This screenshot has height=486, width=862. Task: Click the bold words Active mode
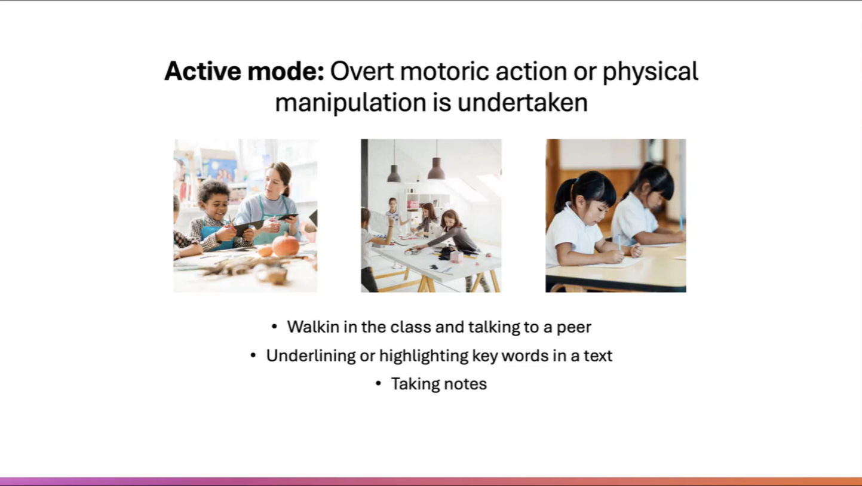pyautogui.click(x=244, y=72)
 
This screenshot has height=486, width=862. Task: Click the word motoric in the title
pyautogui.click(x=444, y=72)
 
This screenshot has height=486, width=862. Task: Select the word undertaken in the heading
pyautogui.click(x=523, y=103)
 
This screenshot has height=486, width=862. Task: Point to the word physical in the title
pyautogui.click(x=651, y=72)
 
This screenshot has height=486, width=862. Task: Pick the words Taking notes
pyautogui.click(x=439, y=384)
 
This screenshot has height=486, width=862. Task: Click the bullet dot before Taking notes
pyautogui.click(x=378, y=384)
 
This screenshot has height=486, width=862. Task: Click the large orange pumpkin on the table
pyautogui.click(x=286, y=245)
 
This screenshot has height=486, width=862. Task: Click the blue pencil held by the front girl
pyautogui.click(x=619, y=244)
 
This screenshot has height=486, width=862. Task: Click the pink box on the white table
pyautogui.click(x=456, y=257)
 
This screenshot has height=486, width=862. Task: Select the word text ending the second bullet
pyautogui.click(x=597, y=356)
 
